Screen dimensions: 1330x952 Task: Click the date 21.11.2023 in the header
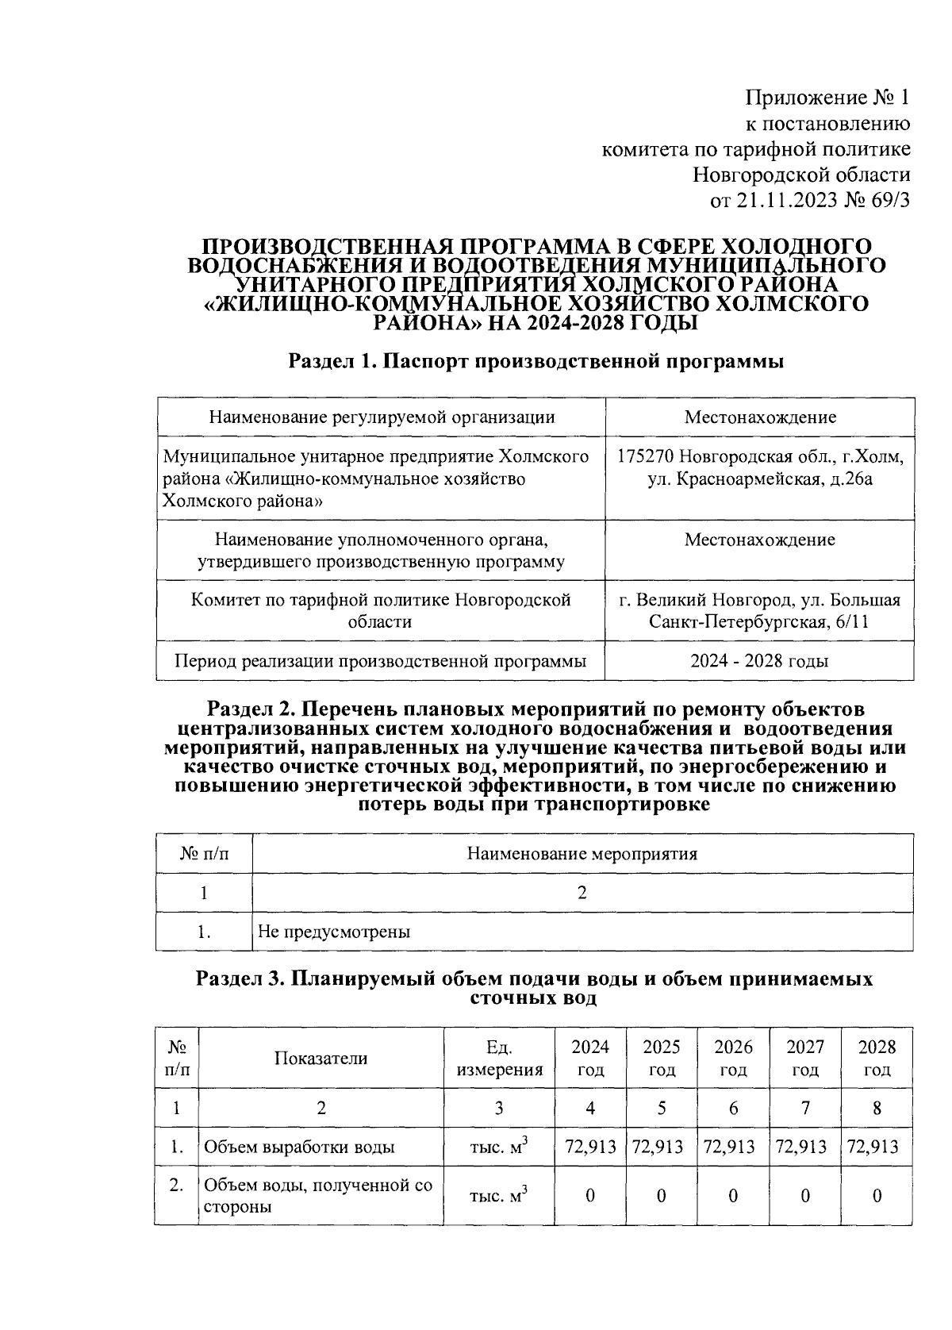(x=786, y=201)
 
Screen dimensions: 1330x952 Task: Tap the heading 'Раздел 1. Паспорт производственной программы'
(x=536, y=362)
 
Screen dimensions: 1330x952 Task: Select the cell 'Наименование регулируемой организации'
(x=381, y=417)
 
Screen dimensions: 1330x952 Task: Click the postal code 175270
(x=645, y=457)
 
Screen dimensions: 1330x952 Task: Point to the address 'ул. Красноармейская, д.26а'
(x=760, y=479)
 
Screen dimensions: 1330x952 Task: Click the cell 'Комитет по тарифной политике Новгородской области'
(x=381, y=610)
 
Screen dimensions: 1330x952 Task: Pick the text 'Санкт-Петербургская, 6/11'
(x=758, y=621)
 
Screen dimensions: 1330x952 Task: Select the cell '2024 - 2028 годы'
(x=759, y=661)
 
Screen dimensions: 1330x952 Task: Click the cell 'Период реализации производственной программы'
(x=381, y=661)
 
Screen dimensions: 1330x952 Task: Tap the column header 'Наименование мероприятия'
(x=582, y=854)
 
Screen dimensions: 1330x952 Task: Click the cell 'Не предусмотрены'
(x=334, y=932)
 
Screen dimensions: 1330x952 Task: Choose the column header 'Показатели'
(x=321, y=1058)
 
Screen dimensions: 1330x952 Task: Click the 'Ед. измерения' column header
(x=499, y=1058)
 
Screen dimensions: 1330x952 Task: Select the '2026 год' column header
(x=733, y=1058)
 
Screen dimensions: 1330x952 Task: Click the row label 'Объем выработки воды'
(x=300, y=1147)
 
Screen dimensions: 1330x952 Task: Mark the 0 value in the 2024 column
(x=589, y=1196)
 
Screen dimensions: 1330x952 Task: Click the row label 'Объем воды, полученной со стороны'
(x=317, y=1196)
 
